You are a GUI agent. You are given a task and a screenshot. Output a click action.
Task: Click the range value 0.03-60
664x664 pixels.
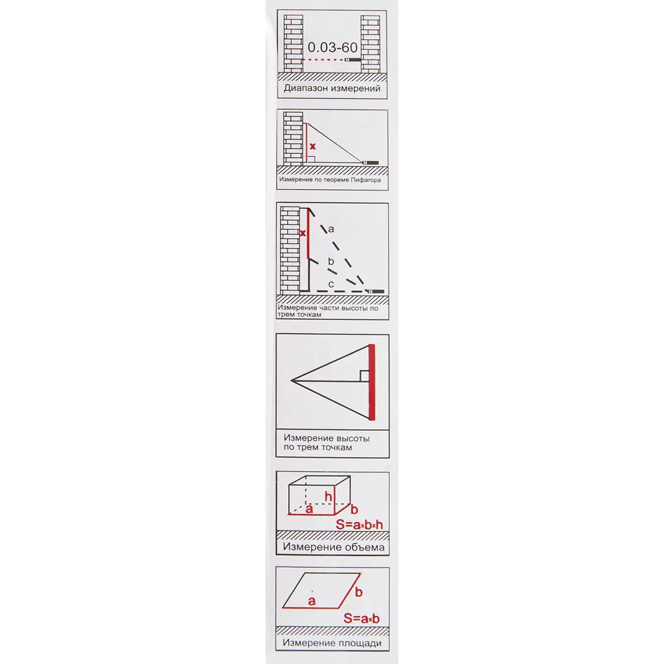click(x=333, y=47)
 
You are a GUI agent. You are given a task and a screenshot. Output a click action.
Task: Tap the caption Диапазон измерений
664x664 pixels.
click(x=332, y=88)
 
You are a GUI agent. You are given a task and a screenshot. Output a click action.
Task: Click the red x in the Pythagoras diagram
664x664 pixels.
click(x=313, y=147)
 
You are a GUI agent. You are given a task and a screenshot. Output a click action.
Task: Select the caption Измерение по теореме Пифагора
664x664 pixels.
click(x=330, y=180)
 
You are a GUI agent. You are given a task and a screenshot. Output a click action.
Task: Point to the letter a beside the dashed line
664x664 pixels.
click(x=331, y=229)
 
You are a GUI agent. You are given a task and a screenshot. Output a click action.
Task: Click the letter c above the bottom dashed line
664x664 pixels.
click(x=331, y=284)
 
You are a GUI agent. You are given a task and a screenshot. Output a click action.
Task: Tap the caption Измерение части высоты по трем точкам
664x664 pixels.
click(x=328, y=311)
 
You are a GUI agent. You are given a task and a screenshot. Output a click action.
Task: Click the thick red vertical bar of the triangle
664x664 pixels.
click(x=372, y=382)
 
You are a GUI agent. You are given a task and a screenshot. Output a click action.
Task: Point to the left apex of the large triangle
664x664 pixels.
click(x=291, y=380)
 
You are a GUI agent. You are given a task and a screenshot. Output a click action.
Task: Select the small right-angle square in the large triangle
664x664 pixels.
click(x=365, y=376)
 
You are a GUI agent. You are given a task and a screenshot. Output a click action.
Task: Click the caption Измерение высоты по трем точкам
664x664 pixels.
click(x=327, y=442)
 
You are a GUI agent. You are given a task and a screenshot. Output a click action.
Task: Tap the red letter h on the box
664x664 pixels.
click(x=328, y=496)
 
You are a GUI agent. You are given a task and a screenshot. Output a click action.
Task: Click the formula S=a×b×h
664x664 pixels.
click(x=359, y=525)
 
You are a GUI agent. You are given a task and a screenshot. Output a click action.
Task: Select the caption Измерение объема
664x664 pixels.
click(x=334, y=547)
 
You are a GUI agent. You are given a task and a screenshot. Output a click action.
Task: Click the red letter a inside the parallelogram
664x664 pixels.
click(x=311, y=601)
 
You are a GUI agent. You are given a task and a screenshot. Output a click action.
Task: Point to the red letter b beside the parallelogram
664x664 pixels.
click(x=359, y=592)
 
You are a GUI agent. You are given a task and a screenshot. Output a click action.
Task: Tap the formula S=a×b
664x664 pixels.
click(x=361, y=618)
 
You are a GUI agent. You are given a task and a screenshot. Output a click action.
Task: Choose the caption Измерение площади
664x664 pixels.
click(x=332, y=643)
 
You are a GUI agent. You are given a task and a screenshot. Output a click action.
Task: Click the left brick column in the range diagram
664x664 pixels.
click(x=293, y=44)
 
